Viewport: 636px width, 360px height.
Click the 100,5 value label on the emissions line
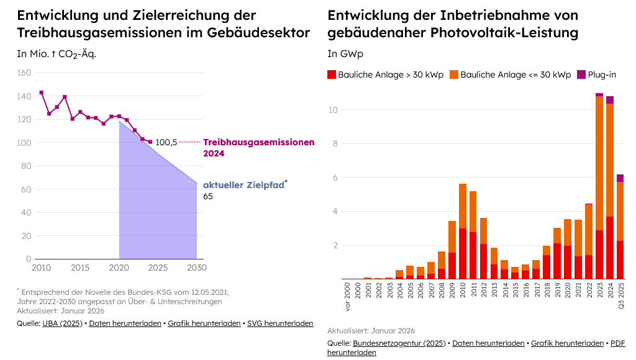[x=165, y=142]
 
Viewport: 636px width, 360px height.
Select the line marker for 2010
[x=42, y=92]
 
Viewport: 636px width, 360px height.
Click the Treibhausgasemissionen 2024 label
[x=258, y=147]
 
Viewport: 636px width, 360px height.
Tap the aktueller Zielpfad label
[x=243, y=184]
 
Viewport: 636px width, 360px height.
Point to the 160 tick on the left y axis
[x=24, y=73]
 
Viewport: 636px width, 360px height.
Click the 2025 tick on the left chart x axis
[x=158, y=268]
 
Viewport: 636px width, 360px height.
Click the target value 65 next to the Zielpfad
[x=208, y=196]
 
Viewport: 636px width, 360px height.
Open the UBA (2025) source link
[x=62, y=323]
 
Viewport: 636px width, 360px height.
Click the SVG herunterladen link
[x=280, y=323]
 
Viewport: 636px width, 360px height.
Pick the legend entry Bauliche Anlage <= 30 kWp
[x=510, y=74]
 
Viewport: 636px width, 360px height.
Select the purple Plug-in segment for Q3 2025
[x=620, y=178]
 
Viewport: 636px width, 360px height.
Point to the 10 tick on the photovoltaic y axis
[x=333, y=110]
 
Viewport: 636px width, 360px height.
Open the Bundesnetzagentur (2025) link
[x=399, y=343]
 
